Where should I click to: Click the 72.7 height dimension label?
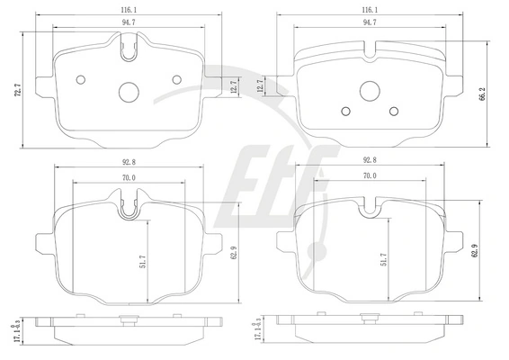19,90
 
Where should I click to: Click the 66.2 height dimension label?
482,94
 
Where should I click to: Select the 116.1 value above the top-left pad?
129,10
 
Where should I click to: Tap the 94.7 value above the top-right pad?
370,22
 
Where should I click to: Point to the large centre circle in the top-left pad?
129,92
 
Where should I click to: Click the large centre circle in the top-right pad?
370,91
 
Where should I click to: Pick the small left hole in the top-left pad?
81,79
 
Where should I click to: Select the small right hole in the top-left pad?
177,79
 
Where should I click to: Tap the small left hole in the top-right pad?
346,112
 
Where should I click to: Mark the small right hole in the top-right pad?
394,112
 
